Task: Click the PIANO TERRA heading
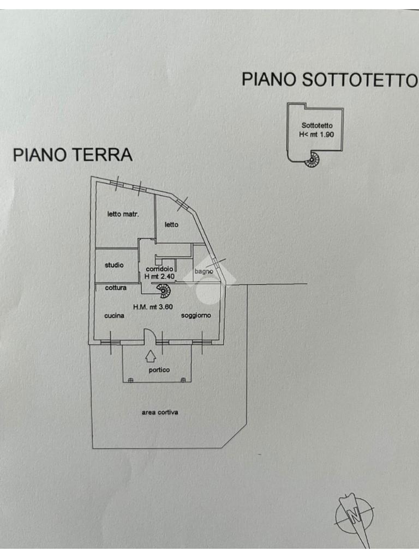pyautogui.click(x=73, y=155)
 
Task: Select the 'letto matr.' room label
pyautogui.click(x=123, y=214)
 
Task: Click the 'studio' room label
pyautogui.click(x=114, y=265)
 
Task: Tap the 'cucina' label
pyautogui.click(x=115, y=316)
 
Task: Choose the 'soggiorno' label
pyautogui.click(x=196, y=316)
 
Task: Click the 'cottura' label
pyautogui.click(x=116, y=288)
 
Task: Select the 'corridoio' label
pyautogui.click(x=159, y=269)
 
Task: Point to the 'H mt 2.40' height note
pyautogui.click(x=159, y=277)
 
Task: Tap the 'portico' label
pyautogui.click(x=159, y=370)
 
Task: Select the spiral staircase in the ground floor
pyautogui.click(x=163, y=291)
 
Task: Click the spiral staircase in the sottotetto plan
pyautogui.click(x=313, y=159)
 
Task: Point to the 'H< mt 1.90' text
pyautogui.click(x=316, y=135)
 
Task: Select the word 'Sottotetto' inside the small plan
pyautogui.click(x=317, y=126)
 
